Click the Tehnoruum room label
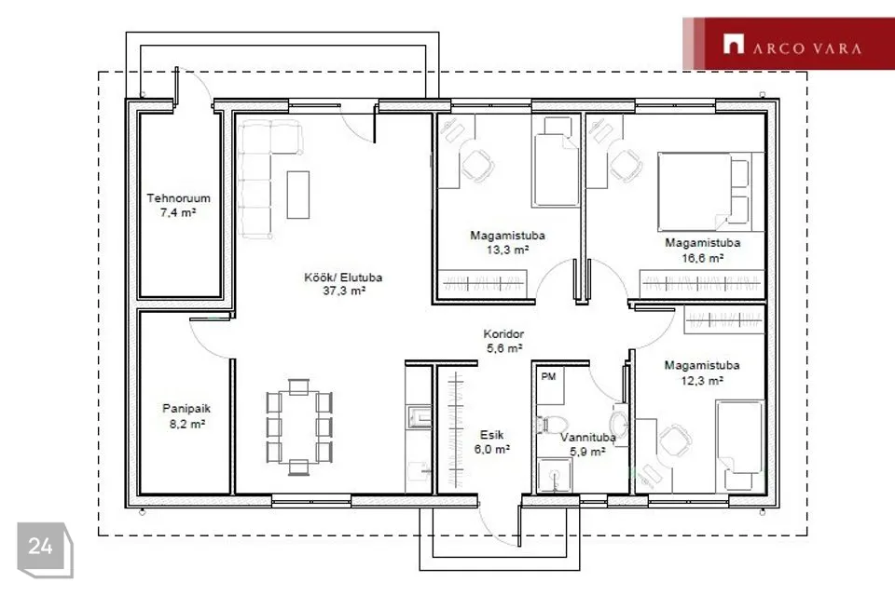coord(179,205)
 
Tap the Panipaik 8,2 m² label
coord(186,415)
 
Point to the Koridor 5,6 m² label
coord(503,341)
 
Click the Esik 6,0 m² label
coord(491,442)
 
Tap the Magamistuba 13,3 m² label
coord(507,242)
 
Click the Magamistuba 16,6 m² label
coord(703,250)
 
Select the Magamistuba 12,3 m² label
coord(702,372)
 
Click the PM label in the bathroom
coord(548,376)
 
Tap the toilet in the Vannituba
coord(551,425)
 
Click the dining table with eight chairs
coord(298,427)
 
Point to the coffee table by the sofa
coord(298,195)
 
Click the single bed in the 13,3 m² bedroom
coord(556,161)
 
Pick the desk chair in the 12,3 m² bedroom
coord(675,441)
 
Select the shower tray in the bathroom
coord(554,476)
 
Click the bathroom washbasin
coord(619,423)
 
